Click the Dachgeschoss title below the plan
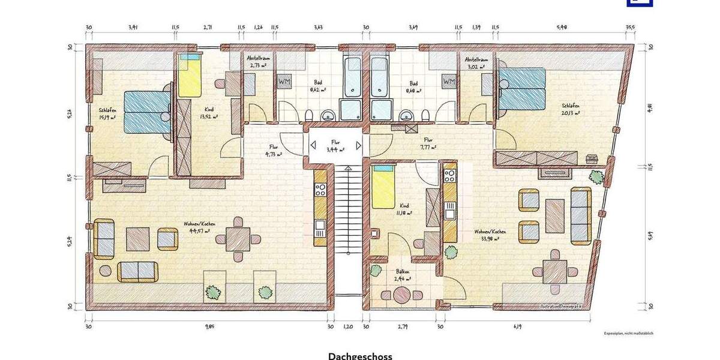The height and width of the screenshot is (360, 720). tap(360, 356)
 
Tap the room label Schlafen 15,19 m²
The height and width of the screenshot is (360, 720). tap(109, 113)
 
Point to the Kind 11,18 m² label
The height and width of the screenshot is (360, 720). tap(403, 209)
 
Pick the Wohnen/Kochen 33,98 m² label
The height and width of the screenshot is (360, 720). tap(488, 235)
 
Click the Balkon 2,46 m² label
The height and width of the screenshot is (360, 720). tap(402, 275)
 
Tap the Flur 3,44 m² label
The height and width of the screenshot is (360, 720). tap(335, 146)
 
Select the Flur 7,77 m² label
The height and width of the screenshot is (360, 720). tap(428, 143)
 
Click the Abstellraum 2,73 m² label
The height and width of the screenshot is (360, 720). tap(258, 61)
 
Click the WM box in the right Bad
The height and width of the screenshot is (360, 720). tap(448, 81)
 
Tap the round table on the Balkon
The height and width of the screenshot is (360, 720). tap(401, 295)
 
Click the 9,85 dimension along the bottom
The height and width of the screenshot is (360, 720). tap(209, 326)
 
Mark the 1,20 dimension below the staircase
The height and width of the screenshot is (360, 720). tap(347, 326)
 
